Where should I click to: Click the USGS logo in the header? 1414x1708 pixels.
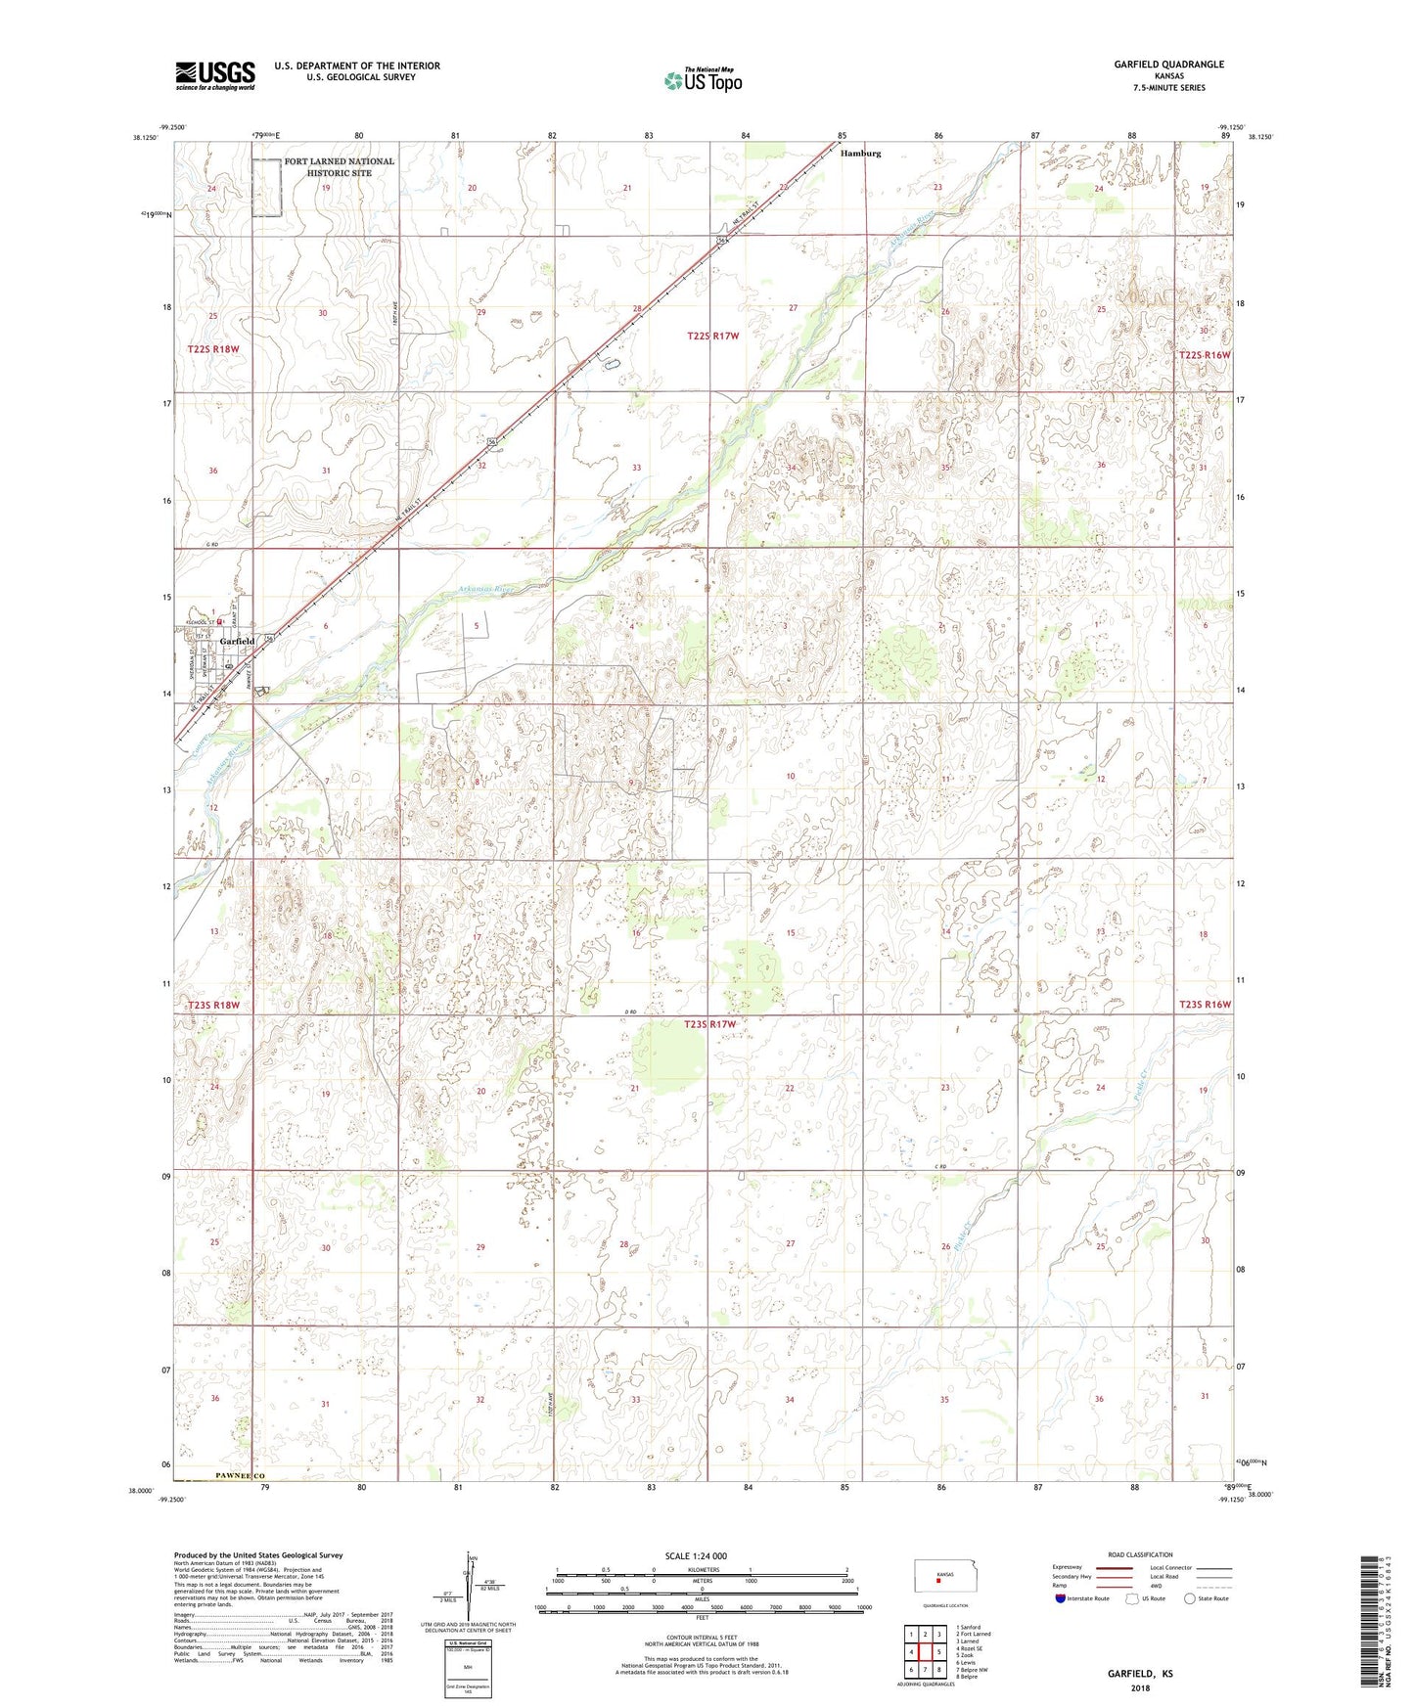point(215,75)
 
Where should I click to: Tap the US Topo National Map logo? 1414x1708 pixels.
point(703,79)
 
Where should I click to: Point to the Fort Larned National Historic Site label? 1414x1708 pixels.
point(339,167)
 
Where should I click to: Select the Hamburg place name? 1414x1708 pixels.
point(861,154)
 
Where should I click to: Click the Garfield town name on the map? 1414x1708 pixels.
point(237,642)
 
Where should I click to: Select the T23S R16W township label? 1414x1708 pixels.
point(1205,1005)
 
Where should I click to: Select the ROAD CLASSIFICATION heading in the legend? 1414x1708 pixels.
point(1140,1554)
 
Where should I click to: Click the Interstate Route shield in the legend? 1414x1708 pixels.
point(1062,1598)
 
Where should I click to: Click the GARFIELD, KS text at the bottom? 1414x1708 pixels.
point(1140,1674)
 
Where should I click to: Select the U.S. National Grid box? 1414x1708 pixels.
point(467,1666)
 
